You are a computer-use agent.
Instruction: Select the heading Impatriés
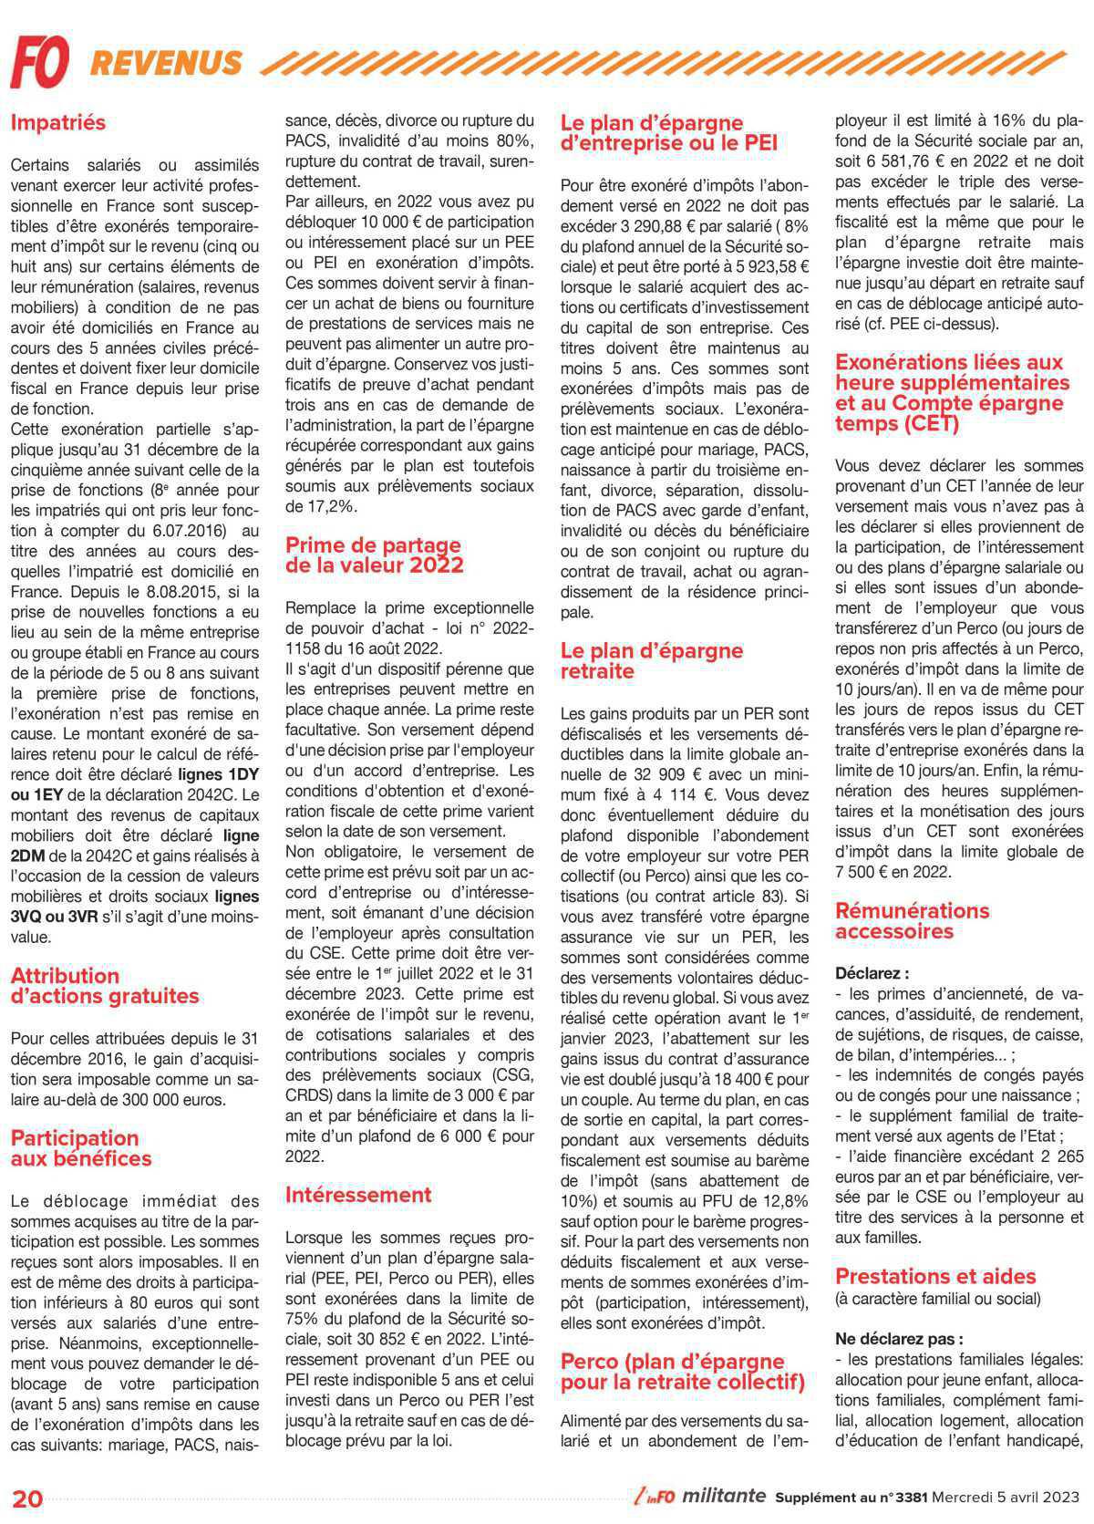coord(58,122)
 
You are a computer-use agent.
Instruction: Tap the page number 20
coord(27,1498)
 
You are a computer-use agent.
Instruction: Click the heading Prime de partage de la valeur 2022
coord(374,555)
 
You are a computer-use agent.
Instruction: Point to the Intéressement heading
coord(358,1194)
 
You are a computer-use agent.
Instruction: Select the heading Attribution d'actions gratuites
coord(105,986)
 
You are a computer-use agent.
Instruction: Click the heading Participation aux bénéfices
coord(81,1148)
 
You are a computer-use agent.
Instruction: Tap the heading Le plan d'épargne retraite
coord(652,661)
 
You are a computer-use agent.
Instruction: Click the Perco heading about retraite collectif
coord(683,1372)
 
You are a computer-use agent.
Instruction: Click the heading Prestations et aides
coord(935,1276)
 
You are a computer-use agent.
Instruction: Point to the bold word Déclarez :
coord(872,973)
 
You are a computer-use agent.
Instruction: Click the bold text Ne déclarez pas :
coord(899,1338)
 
